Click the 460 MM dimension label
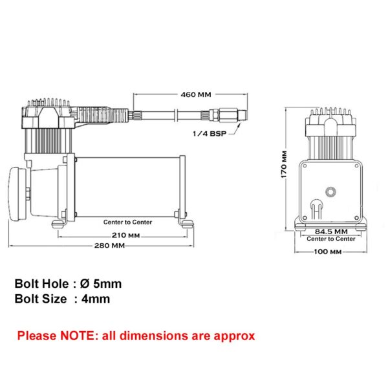click(x=195, y=94)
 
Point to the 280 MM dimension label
click(x=109, y=246)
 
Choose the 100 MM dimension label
click(x=326, y=252)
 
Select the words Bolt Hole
click(x=39, y=283)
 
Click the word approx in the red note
click(x=235, y=336)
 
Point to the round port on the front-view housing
click(x=331, y=191)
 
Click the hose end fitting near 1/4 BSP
click(x=230, y=114)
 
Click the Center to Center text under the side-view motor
click(x=127, y=222)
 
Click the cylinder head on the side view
click(x=48, y=116)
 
